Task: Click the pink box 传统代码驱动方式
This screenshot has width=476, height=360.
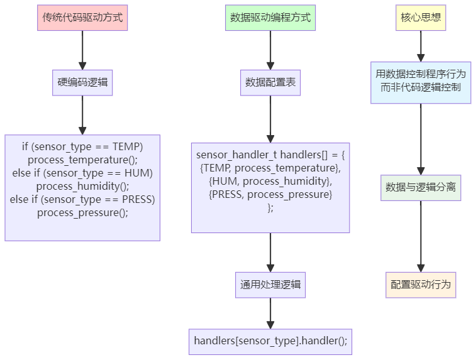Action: click(x=82, y=18)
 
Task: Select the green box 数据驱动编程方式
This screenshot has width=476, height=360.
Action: click(x=270, y=18)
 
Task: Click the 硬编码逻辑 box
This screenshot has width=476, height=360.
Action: click(x=82, y=82)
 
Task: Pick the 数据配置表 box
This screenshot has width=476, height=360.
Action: click(x=270, y=82)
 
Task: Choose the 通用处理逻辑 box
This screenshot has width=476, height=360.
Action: click(x=270, y=285)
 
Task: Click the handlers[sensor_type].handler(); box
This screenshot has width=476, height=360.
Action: click(x=270, y=342)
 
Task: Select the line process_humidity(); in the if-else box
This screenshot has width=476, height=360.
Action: click(x=82, y=186)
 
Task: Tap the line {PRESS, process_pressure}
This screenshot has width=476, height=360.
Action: click(x=270, y=195)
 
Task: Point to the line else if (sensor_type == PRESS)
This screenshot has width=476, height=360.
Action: click(x=82, y=199)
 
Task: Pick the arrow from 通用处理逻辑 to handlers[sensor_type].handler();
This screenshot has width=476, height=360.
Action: click(x=270, y=313)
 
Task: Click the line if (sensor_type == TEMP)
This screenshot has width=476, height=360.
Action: click(x=82, y=146)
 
